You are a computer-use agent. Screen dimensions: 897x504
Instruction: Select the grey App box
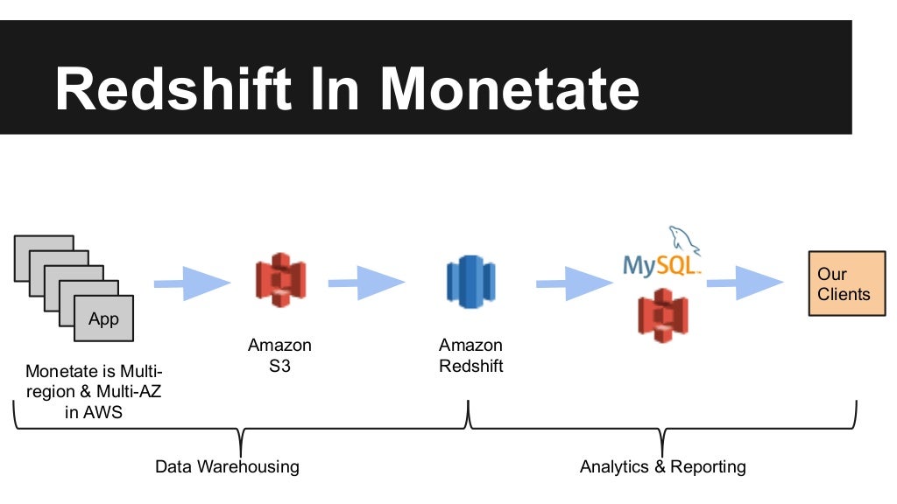point(103,318)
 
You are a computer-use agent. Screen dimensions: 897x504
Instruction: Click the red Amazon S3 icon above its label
point(279,279)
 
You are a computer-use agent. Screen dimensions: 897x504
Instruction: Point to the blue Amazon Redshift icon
point(470,282)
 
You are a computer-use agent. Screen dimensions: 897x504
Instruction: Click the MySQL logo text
point(661,264)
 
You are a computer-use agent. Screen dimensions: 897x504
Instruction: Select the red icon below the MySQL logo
point(662,315)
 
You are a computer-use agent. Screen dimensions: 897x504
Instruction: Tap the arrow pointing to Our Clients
point(745,282)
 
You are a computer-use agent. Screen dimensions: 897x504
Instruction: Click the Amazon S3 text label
point(279,355)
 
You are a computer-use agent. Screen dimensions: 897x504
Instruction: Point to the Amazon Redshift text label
point(471,355)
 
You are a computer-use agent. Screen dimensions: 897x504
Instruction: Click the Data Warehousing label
point(227,466)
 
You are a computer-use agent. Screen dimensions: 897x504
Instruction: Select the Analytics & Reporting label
point(662,466)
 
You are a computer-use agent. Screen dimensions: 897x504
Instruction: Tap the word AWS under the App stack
point(104,412)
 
